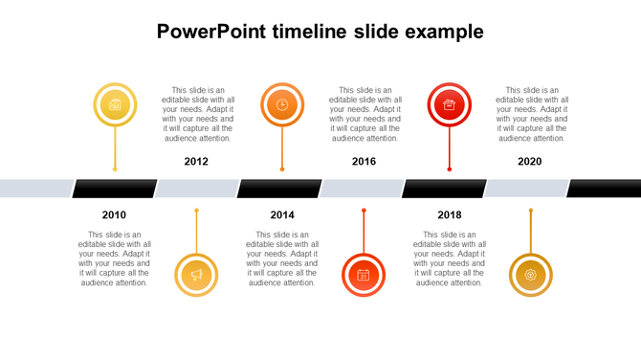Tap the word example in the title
[444, 32]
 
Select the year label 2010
[114, 214]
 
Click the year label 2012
[196, 162]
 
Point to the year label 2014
[282, 214]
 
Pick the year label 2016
[364, 162]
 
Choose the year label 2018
[450, 214]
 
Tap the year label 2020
[529, 162]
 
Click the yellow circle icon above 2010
[115, 104]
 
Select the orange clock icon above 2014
[282, 104]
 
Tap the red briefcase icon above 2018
[450, 104]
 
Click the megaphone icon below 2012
[197, 275]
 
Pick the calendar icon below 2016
[364, 275]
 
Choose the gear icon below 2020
[530, 275]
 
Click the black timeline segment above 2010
[115, 189]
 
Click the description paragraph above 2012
[196, 114]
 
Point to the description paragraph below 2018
[450, 259]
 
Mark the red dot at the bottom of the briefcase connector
[450, 169]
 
